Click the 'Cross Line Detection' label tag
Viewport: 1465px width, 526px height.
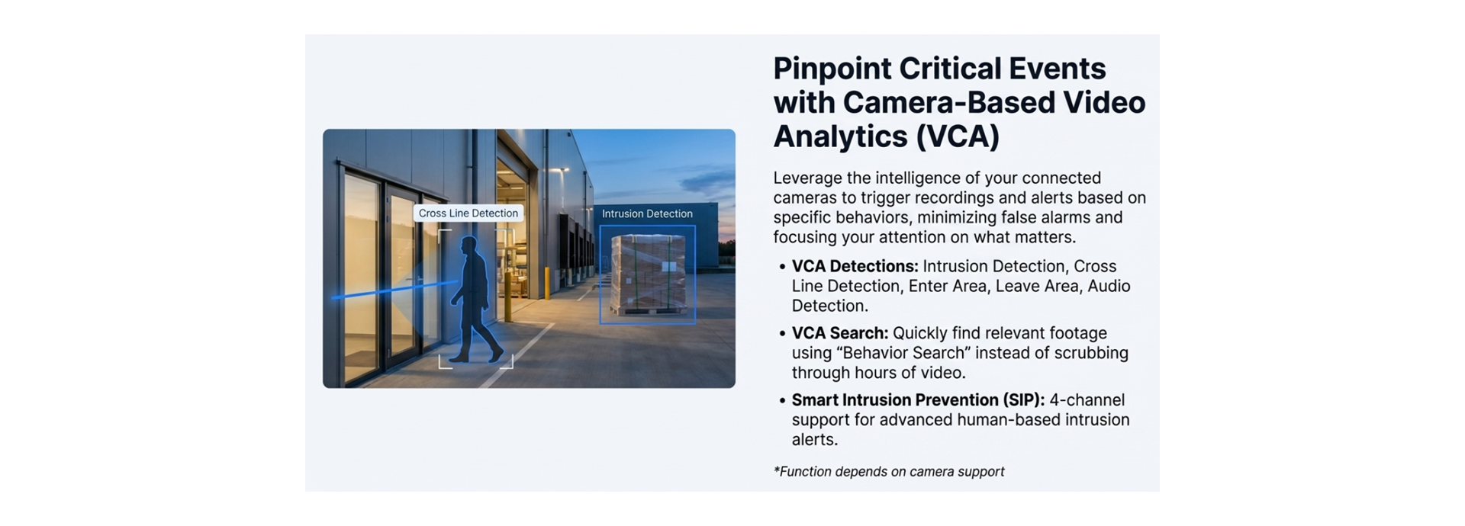point(468,213)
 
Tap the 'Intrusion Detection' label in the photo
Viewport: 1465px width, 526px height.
point(646,214)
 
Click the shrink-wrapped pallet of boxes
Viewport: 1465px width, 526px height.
point(648,274)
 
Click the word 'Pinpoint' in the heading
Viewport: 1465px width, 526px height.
point(832,69)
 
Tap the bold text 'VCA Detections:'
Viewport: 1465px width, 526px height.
point(855,267)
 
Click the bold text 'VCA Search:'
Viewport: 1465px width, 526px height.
point(839,334)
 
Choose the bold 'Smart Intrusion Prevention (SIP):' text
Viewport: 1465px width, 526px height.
point(918,400)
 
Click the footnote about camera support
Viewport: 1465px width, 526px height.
point(889,472)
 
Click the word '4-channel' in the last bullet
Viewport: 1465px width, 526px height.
point(1087,400)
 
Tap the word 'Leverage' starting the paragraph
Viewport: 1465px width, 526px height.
point(807,178)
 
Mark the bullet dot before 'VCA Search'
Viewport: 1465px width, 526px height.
point(782,335)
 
